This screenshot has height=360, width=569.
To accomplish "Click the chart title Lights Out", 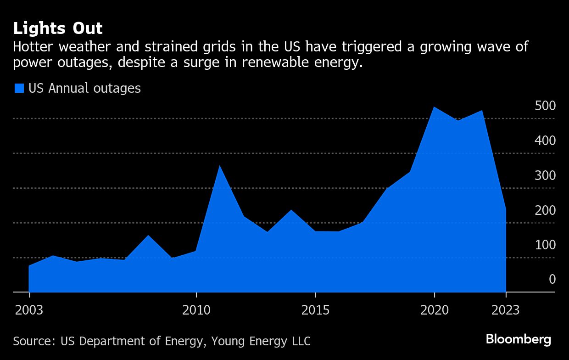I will point(58,28).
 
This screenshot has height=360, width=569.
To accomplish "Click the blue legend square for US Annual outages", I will point(19,88).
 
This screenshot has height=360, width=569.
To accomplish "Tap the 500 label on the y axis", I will point(545,106).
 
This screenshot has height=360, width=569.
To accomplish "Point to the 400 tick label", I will point(545,141).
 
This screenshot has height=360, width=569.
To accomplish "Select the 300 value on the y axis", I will point(545,176).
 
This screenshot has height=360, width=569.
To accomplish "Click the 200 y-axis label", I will point(545,211).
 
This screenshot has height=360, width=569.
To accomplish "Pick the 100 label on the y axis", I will point(545,245).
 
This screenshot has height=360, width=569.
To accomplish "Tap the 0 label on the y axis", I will point(552,280).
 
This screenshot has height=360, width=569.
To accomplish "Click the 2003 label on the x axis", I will point(29,310).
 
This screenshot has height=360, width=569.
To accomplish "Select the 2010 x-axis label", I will point(196,310).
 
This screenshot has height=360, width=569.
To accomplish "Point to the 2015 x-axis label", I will point(315,310).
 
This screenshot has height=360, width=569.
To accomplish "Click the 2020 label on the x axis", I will point(435,310).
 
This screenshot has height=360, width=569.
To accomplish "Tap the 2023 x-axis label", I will point(506,310).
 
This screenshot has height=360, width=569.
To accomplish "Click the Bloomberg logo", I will point(519,340).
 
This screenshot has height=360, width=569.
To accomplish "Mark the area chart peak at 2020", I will point(434,107).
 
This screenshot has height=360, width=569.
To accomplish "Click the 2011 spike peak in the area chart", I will point(220,166).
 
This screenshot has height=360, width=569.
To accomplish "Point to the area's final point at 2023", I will point(506,209).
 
